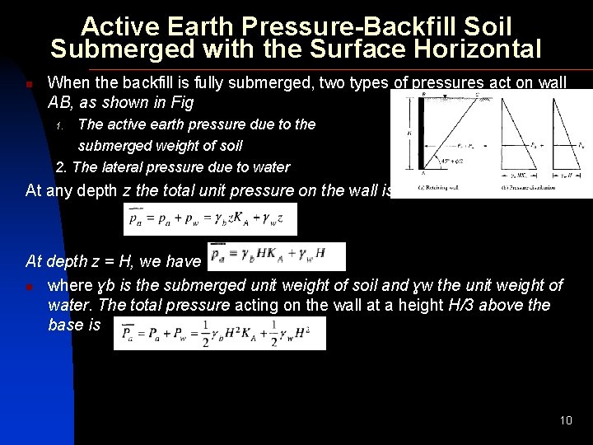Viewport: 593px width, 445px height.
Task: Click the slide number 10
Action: pyautogui.click(x=566, y=420)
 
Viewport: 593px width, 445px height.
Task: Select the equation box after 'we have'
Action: pyautogui.click(x=278, y=256)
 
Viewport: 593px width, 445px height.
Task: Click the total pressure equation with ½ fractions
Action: pyautogui.click(x=219, y=334)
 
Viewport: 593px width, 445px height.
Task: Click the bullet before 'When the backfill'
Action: pyautogui.click(x=29, y=84)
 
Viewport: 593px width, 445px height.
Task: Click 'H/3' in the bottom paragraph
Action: pyautogui.click(x=449, y=305)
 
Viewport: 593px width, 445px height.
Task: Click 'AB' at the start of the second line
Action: pyautogui.click(x=61, y=104)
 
